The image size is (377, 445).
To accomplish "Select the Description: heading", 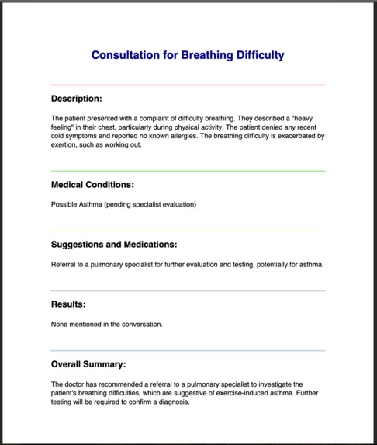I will pyautogui.click(x=77, y=99).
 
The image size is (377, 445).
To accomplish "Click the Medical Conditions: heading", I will pyautogui.click(x=92, y=185).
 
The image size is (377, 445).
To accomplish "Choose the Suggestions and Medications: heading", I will pyautogui.click(x=114, y=244).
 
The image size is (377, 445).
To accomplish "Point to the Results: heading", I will pyautogui.click(x=68, y=304).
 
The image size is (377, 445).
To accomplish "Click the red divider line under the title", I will pyautogui.click(x=188, y=85).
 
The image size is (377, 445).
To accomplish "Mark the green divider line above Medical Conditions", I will pyautogui.click(x=188, y=171).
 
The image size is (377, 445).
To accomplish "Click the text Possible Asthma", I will pyautogui.click(x=78, y=205).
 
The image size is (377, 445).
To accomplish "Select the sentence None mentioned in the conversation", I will pyautogui.click(x=107, y=324).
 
